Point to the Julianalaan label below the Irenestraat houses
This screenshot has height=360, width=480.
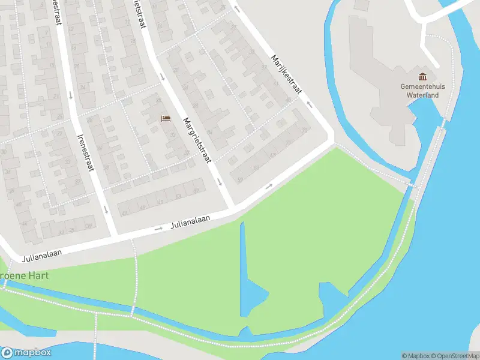point(43,256)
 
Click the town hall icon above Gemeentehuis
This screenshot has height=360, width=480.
point(423,77)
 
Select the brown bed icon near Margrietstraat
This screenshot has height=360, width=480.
point(166,118)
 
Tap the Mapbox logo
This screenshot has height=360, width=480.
point(26,353)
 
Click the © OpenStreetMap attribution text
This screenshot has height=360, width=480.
point(454,356)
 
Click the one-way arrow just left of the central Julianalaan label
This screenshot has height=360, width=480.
point(160,229)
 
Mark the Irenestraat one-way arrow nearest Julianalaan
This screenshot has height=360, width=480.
point(105,209)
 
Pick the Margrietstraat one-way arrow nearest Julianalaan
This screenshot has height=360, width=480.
point(220,181)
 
